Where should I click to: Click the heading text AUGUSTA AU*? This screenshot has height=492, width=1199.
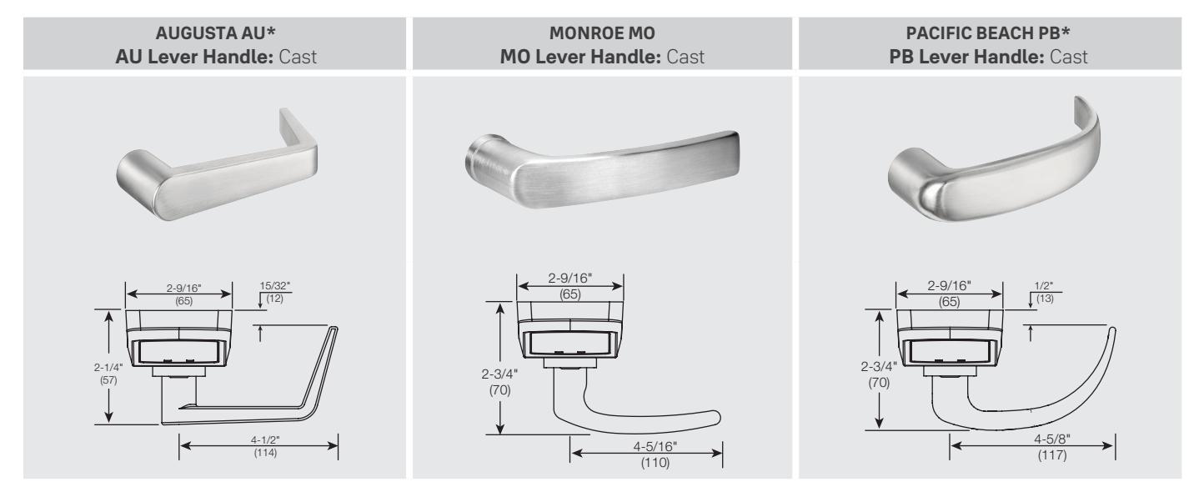coord(215,33)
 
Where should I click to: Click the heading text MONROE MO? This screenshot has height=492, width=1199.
coord(602,33)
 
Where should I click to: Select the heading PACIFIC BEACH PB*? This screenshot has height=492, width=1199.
coord(988,33)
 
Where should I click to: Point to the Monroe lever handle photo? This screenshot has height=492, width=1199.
coord(602,168)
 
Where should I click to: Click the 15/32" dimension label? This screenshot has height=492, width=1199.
coord(274,286)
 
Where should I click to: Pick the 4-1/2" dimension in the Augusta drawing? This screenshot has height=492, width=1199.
coord(265,440)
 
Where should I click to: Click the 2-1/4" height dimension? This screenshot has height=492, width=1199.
coord(108,367)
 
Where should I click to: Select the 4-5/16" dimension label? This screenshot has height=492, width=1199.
coord(655,446)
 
